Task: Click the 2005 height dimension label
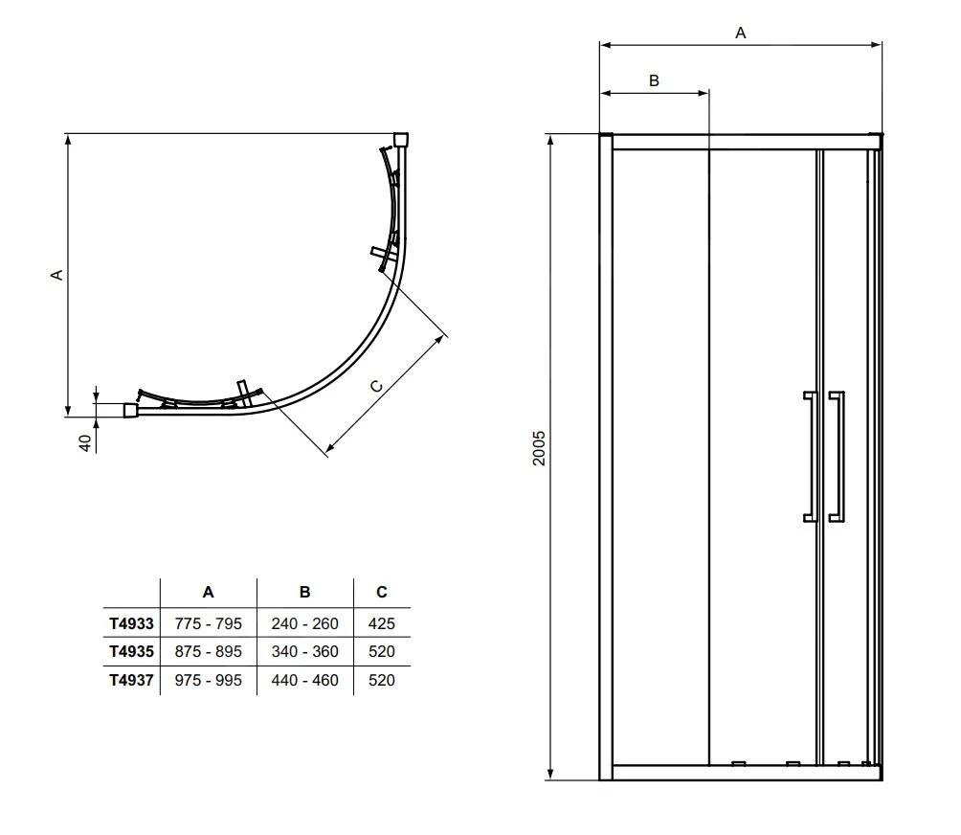click(540, 447)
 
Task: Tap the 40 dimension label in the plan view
click(84, 442)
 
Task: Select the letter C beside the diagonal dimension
click(376, 385)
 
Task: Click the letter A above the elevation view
click(740, 33)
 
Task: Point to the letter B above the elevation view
click(654, 80)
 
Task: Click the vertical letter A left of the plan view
click(56, 274)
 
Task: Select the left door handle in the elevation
click(810, 456)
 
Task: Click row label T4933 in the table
click(131, 623)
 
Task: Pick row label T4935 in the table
click(131, 651)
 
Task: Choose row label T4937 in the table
click(131, 680)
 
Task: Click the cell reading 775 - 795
click(209, 623)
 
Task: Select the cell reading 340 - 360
click(304, 651)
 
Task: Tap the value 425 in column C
click(381, 623)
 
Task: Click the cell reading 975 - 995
click(209, 680)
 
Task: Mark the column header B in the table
click(304, 593)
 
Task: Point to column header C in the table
click(381, 593)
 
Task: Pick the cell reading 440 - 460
click(304, 680)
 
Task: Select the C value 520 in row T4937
click(381, 680)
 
